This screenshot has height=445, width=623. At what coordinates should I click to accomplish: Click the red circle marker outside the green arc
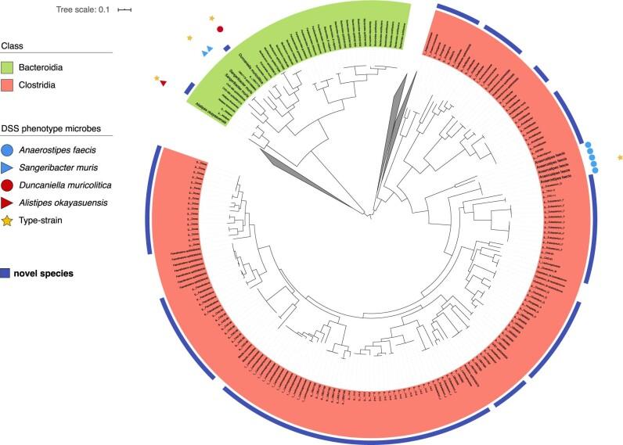[x=220, y=30]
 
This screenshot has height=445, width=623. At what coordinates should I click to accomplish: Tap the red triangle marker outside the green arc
[x=163, y=84]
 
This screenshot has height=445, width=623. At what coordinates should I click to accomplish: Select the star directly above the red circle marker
[x=212, y=17]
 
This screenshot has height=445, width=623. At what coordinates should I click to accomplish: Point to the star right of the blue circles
[x=620, y=159]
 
